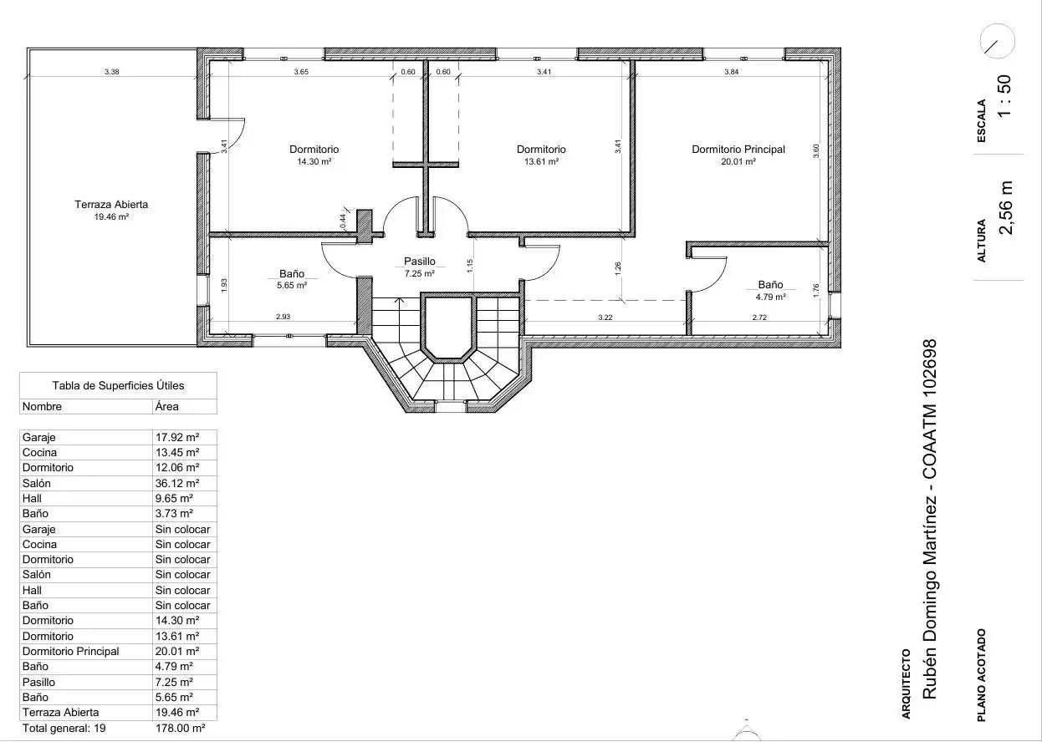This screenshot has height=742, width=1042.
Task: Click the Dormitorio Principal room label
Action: pos(738,150)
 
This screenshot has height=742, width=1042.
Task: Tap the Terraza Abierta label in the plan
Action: pos(111,205)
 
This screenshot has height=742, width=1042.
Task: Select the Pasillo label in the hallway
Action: pos(420,262)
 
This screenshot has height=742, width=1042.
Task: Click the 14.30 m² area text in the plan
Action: pos(314,162)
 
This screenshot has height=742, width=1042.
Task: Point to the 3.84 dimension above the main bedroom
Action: pos(731,72)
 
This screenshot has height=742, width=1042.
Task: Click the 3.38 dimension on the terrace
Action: pos(112,72)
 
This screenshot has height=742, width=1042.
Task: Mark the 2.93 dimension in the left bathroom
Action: pos(283,317)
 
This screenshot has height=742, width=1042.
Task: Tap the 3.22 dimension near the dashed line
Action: pos(605,318)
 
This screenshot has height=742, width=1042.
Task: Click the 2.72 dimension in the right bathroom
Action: pos(759,318)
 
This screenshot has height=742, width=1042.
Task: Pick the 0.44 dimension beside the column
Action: pos(343,221)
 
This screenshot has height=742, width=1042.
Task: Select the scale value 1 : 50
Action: pos(1004,96)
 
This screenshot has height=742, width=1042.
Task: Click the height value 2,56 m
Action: pos(1005,207)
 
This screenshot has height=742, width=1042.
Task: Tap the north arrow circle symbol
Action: pos(997,41)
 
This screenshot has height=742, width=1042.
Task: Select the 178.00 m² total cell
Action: pos(180,728)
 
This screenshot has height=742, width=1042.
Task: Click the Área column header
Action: pos(167,406)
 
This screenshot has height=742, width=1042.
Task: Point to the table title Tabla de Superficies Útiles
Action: pos(118,385)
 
